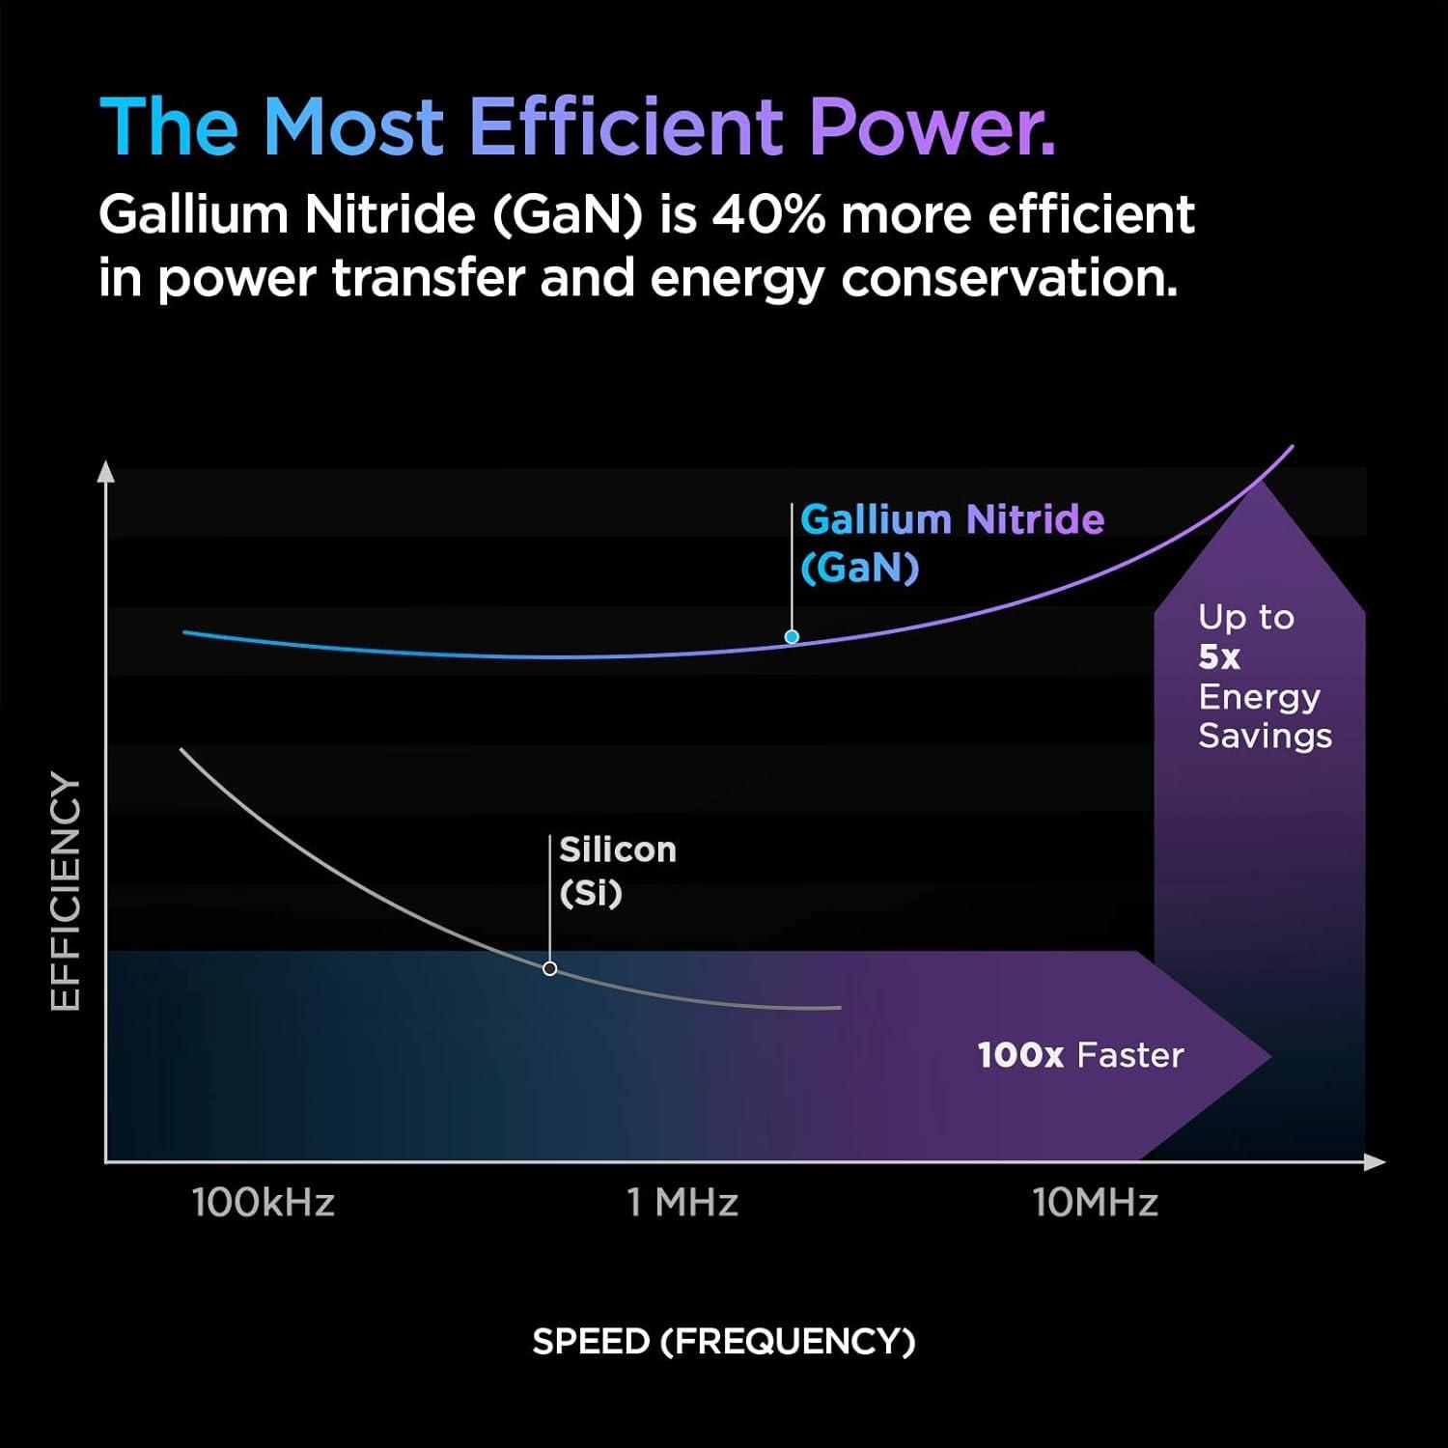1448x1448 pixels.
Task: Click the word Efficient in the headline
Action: click(x=626, y=126)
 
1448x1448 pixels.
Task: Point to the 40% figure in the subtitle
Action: click(x=768, y=214)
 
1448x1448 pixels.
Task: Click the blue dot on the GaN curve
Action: click(x=792, y=637)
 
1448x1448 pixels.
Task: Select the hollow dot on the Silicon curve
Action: click(x=550, y=968)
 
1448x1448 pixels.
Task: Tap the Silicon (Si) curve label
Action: click(x=618, y=870)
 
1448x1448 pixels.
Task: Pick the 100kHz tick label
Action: click(x=264, y=1203)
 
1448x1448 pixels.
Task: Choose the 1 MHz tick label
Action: click(x=682, y=1203)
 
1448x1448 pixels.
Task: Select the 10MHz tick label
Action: click(x=1095, y=1203)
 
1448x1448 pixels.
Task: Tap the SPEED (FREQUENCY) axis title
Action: click(x=723, y=1342)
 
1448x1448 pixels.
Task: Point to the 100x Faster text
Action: click(x=1080, y=1055)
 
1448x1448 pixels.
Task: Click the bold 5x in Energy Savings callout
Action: click(x=1219, y=657)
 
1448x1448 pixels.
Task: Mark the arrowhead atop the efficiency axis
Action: click(x=106, y=472)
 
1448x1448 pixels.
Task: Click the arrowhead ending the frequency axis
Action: click(x=1376, y=1162)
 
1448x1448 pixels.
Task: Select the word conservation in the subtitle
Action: click(x=1009, y=279)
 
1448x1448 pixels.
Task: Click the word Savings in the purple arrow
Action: click(x=1265, y=737)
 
